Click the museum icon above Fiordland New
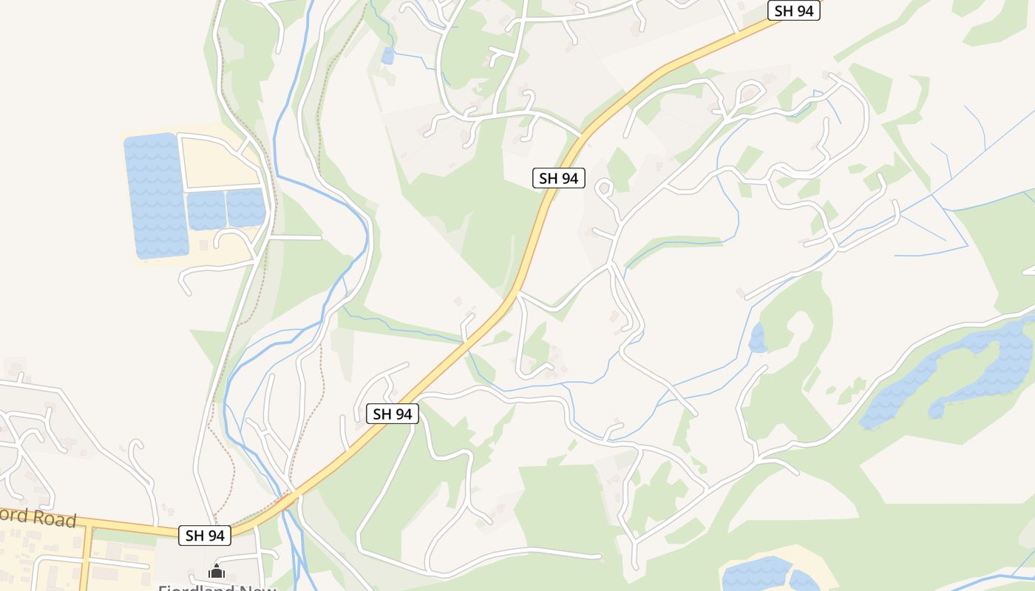click(x=217, y=571)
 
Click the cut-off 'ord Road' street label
click(x=37, y=516)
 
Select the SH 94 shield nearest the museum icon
click(x=205, y=535)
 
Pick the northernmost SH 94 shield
click(x=794, y=10)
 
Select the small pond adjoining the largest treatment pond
click(x=206, y=210)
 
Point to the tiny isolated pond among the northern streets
click(x=387, y=55)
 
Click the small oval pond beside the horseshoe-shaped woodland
click(x=757, y=338)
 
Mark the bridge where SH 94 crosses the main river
click(x=290, y=500)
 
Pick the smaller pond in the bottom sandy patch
click(x=804, y=581)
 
